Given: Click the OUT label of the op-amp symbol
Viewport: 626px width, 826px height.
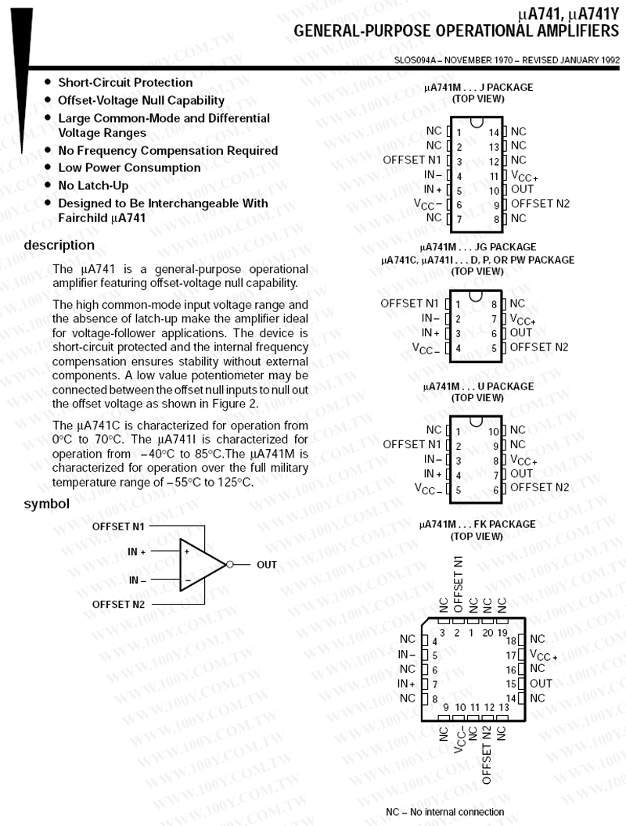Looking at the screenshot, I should click(267, 564).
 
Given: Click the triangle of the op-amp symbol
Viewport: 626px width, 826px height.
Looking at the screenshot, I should click(202, 564).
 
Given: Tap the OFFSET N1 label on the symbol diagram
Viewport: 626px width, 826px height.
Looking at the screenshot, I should click(118, 526).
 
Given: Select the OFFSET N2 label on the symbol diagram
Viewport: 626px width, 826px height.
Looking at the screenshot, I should click(118, 604).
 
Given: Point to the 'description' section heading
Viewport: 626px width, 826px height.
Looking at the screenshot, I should click(59, 246).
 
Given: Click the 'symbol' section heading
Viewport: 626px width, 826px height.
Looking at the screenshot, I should click(47, 504).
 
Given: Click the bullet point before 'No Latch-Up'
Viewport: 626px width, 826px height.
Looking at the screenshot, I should click(49, 185).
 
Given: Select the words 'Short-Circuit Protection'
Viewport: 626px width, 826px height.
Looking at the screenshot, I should click(125, 82).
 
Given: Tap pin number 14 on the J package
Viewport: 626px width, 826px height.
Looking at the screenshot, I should click(494, 132).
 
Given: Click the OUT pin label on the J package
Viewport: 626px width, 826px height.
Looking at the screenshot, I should click(522, 189).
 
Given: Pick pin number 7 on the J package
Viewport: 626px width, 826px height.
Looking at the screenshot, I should click(459, 218).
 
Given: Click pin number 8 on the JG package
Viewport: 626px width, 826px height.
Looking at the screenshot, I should click(494, 303).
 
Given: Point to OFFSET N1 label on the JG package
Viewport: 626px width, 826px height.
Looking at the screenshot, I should click(410, 303).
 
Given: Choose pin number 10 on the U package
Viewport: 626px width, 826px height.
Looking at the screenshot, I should click(493, 431).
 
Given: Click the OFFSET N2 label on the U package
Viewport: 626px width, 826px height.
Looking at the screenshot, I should click(539, 488).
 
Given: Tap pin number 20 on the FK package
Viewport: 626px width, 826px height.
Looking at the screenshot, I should click(488, 632).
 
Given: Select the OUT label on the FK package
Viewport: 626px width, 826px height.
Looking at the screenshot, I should click(541, 683).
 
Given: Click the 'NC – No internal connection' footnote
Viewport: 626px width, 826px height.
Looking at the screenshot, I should click(445, 812).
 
